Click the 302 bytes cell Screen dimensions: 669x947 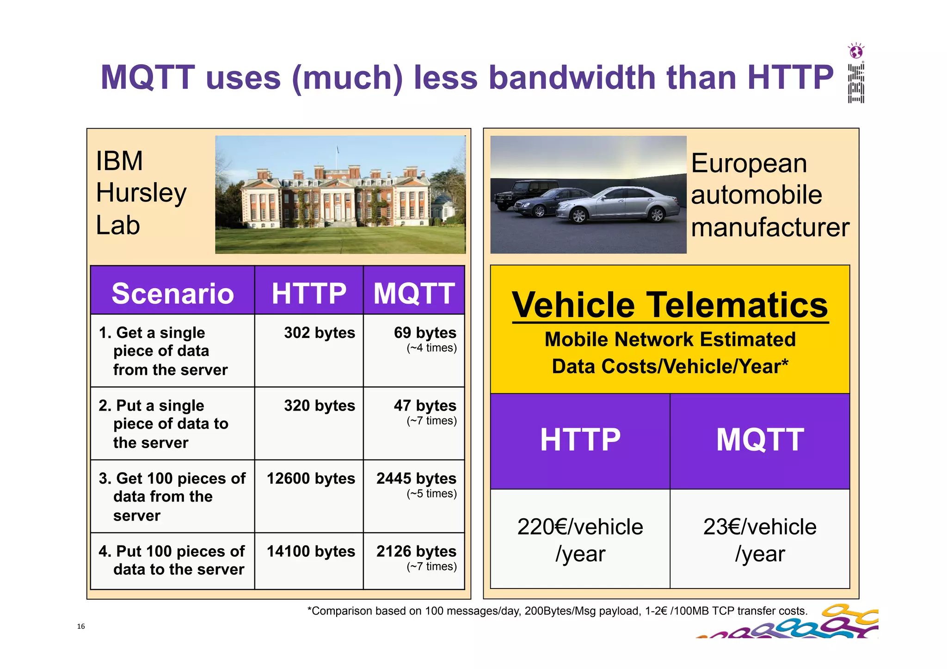[x=319, y=333]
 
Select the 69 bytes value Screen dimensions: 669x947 [x=424, y=333]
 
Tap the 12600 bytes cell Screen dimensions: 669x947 [x=311, y=479]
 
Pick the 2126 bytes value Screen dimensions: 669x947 [x=416, y=552]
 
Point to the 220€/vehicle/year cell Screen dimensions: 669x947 [x=580, y=540]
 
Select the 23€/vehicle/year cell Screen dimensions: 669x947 [x=760, y=540]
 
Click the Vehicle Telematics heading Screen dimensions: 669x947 [x=670, y=305]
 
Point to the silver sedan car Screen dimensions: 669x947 [x=620, y=203]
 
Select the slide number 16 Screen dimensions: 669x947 [x=81, y=626]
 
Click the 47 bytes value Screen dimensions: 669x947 [x=424, y=406]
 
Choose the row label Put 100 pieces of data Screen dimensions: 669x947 [x=172, y=560]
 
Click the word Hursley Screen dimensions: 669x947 [x=141, y=193]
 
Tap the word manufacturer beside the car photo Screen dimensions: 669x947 [x=770, y=227]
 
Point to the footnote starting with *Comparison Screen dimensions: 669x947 [x=557, y=611]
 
